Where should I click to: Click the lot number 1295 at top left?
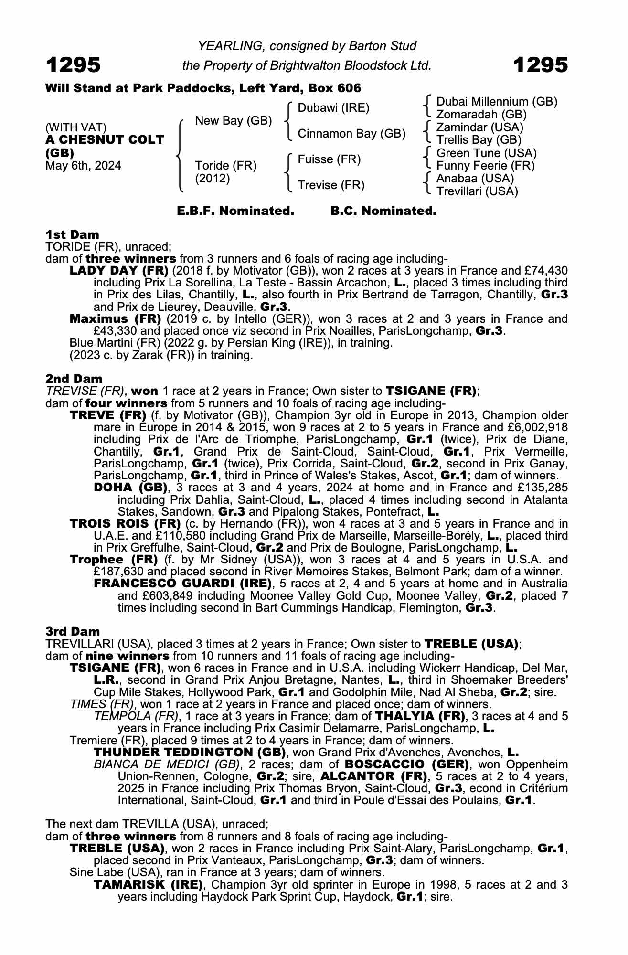tap(73, 65)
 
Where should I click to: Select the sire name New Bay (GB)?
tap(233, 121)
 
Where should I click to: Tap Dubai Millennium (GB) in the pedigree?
tap(497, 102)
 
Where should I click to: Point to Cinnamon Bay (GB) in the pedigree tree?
tap(351, 134)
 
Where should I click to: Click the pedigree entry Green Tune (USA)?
tap(486, 153)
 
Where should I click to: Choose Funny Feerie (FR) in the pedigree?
tap(485, 166)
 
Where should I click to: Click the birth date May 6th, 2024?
tap(83, 166)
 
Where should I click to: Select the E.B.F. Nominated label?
tap(235, 211)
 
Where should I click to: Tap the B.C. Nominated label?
tap(383, 211)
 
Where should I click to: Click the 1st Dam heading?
tap(72, 234)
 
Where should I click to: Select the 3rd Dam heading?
tap(73, 631)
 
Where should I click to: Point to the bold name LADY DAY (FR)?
tap(118, 270)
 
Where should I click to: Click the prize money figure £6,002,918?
tap(539, 427)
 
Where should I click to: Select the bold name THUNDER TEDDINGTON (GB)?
tap(190, 753)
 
